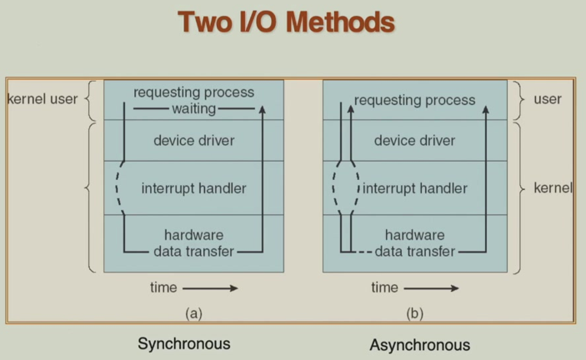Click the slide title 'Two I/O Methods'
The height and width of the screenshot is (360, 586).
click(286, 22)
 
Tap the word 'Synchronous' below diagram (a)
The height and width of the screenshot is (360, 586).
click(183, 343)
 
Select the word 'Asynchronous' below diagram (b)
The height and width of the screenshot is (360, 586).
click(419, 344)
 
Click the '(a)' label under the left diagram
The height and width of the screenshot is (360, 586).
click(193, 314)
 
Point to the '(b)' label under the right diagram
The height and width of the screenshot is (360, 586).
click(413, 314)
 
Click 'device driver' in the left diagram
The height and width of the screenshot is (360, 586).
click(193, 141)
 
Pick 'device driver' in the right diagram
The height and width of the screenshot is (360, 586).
click(414, 141)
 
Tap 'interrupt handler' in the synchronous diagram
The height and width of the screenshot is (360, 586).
click(193, 188)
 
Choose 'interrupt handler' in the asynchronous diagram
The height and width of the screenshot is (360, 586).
click(415, 188)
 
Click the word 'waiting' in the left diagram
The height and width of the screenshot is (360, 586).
click(193, 108)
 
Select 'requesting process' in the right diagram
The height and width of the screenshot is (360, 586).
click(414, 100)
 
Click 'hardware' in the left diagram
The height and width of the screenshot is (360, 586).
click(193, 235)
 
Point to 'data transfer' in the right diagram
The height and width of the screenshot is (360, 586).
click(415, 250)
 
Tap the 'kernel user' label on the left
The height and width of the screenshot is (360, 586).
click(42, 99)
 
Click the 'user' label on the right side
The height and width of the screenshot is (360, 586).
click(548, 99)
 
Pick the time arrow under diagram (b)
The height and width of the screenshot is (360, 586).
click(431, 288)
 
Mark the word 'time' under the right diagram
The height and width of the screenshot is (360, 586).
click(384, 287)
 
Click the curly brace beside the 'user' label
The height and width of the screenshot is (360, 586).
click(519, 99)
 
